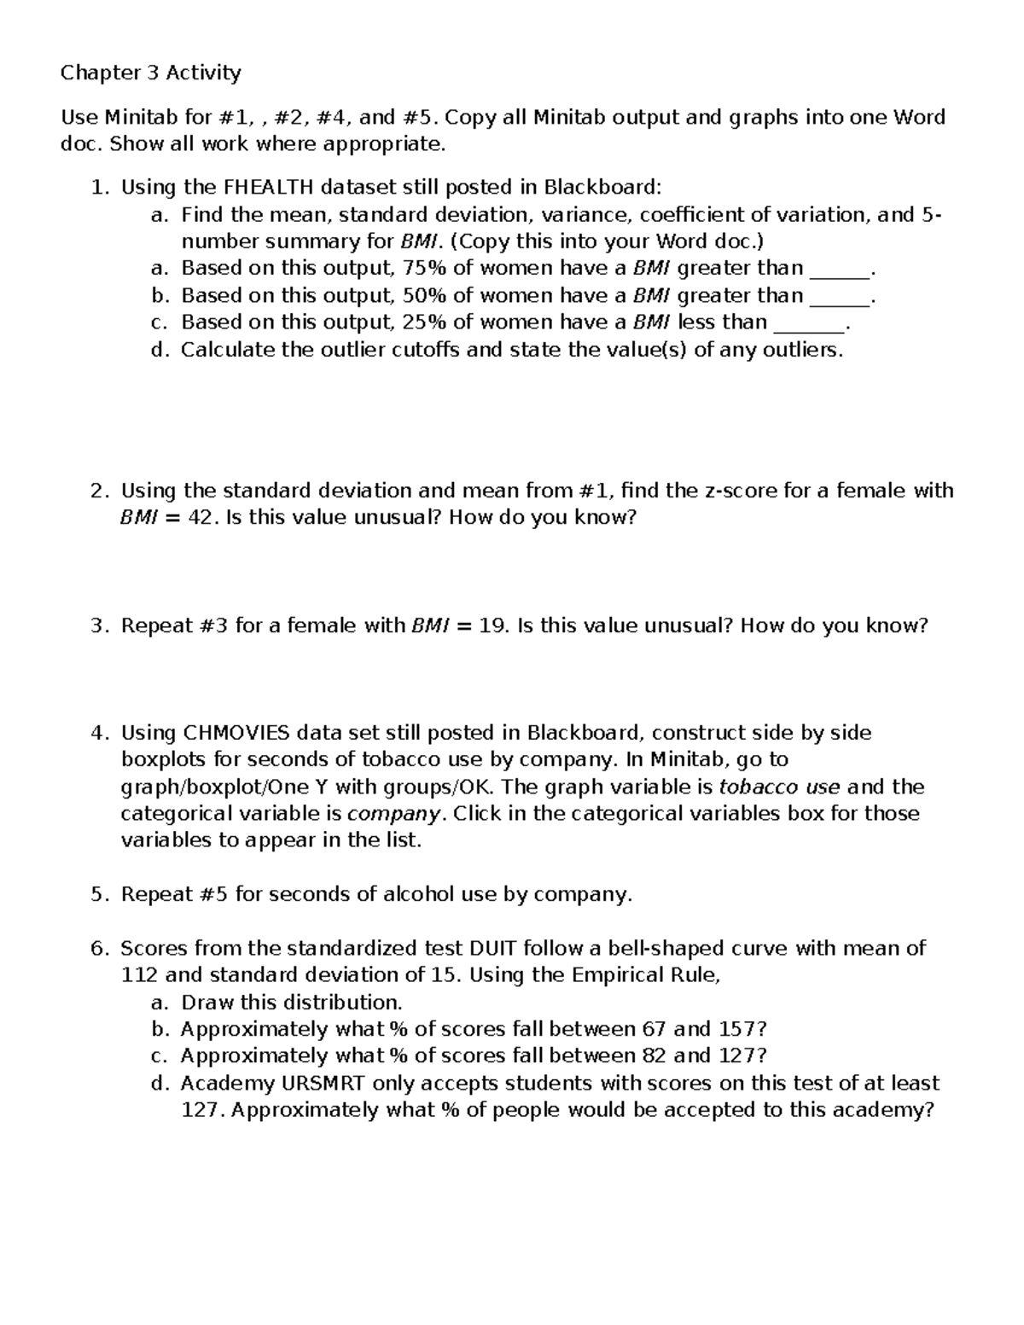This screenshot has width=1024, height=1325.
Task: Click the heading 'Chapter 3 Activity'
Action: click(x=150, y=73)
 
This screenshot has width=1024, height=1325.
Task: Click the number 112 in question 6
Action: click(x=139, y=975)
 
